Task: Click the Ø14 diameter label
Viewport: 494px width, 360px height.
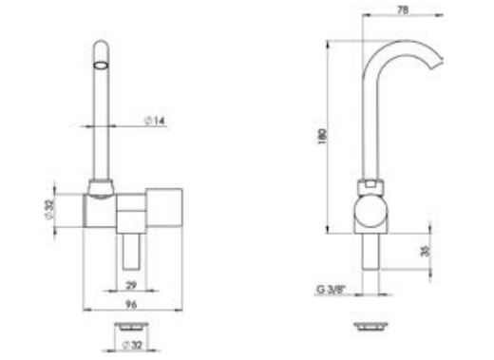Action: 155,121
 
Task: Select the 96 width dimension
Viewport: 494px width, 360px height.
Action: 131,304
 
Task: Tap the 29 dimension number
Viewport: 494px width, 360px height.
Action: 131,285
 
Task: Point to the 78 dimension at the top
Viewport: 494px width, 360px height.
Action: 403,10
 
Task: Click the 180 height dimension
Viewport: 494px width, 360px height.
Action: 322,136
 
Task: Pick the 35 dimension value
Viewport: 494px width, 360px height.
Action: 426,251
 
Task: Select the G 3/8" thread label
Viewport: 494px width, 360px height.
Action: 331,290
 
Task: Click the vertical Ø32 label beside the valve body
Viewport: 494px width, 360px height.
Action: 50,210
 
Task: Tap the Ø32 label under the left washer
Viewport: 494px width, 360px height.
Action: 132,345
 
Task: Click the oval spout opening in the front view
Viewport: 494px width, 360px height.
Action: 101,66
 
